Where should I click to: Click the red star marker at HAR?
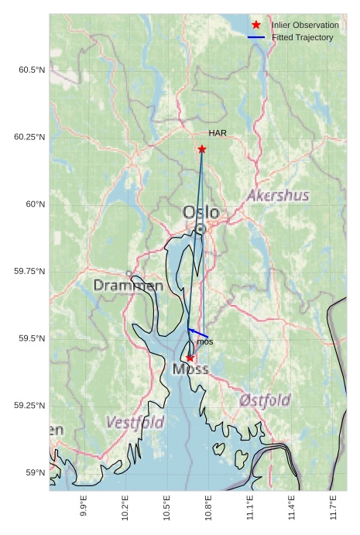[x=202, y=149]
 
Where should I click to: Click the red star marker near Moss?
[x=190, y=358]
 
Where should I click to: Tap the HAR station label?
[x=218, y=133]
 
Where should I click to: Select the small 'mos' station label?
[x=204, y=341]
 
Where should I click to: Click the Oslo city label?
[x=201, y=212]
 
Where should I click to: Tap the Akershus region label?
[x=278, y=196]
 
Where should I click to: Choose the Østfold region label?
[x=265, y=400]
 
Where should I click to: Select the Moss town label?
[x=190, y=369]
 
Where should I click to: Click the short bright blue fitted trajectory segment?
[x=198, y=333]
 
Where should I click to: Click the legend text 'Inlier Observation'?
[x=305, y=26]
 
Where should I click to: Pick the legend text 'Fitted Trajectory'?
[x=303, y=37]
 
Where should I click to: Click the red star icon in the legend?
[x=256, y=26]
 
